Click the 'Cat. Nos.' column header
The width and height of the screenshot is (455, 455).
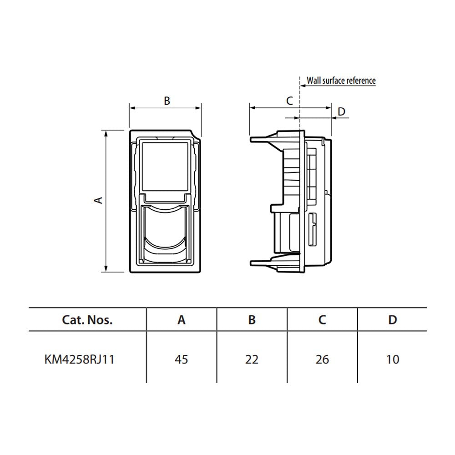coord(87,320)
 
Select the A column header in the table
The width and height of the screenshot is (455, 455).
coord(182,320)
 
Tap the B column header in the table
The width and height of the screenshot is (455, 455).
coord(252,320)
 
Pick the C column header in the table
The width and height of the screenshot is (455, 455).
coord(322,320)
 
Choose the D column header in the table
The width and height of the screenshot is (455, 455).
coord(393,320)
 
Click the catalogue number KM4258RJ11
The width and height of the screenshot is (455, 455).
coord(79,359)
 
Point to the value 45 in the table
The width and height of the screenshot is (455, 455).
coord(182,359)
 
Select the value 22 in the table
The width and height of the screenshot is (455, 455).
coord(252,359)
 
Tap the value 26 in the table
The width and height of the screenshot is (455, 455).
coord(322,359)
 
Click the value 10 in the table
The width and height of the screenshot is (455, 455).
coord(393,359)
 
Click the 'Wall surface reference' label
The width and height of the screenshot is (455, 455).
coord(341,81)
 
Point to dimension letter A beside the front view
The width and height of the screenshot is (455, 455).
coord(99,200)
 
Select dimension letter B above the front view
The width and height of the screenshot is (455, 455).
coord(167,101)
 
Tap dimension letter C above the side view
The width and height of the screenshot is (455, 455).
coord(289,101)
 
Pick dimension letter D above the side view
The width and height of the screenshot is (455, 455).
coord(342,111)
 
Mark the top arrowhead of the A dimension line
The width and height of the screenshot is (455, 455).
coord(106,133)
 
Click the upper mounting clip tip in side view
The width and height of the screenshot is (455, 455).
coord(251,140)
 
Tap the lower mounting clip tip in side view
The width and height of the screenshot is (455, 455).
coord(251,263)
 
